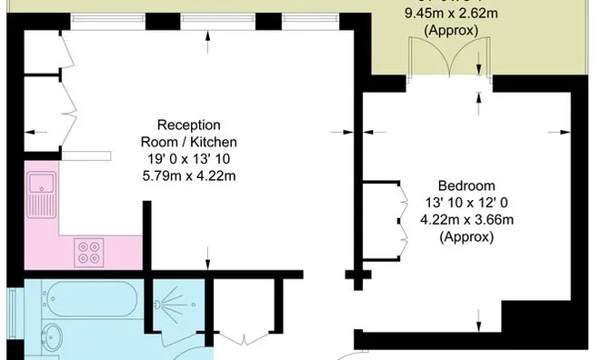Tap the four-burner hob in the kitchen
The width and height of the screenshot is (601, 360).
pyautogui.click(x=89, y=251)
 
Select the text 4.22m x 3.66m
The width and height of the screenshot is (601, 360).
pyautogui.click(x=466, y=220)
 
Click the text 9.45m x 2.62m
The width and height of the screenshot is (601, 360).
pyautogui.click(x=451, y=14)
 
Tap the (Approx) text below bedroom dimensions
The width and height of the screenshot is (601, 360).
pyautogui.click(x=466, y=237)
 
